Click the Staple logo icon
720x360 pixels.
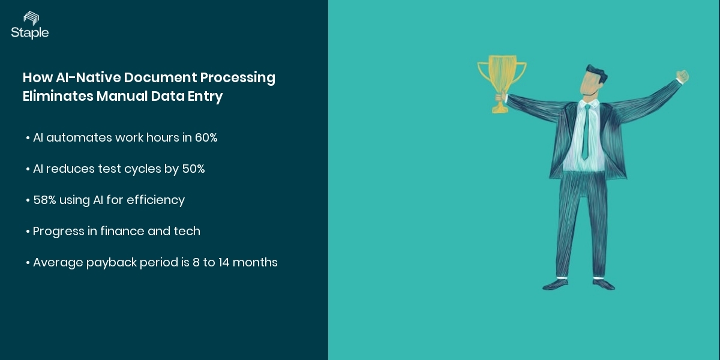(31, 17)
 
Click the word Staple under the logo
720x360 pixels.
(29, 33)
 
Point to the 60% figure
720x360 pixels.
(206, 138)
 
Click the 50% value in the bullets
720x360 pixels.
(193, 169)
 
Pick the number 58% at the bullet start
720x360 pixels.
(44, 200)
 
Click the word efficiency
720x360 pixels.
(156, 200)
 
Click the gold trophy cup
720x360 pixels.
(502, 75)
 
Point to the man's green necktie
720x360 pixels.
(585, 132)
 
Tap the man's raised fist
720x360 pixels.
(682, 76)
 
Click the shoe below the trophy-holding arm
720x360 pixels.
(556, 283)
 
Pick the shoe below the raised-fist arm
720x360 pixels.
(602, 283)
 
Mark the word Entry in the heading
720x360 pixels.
(206, 96)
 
